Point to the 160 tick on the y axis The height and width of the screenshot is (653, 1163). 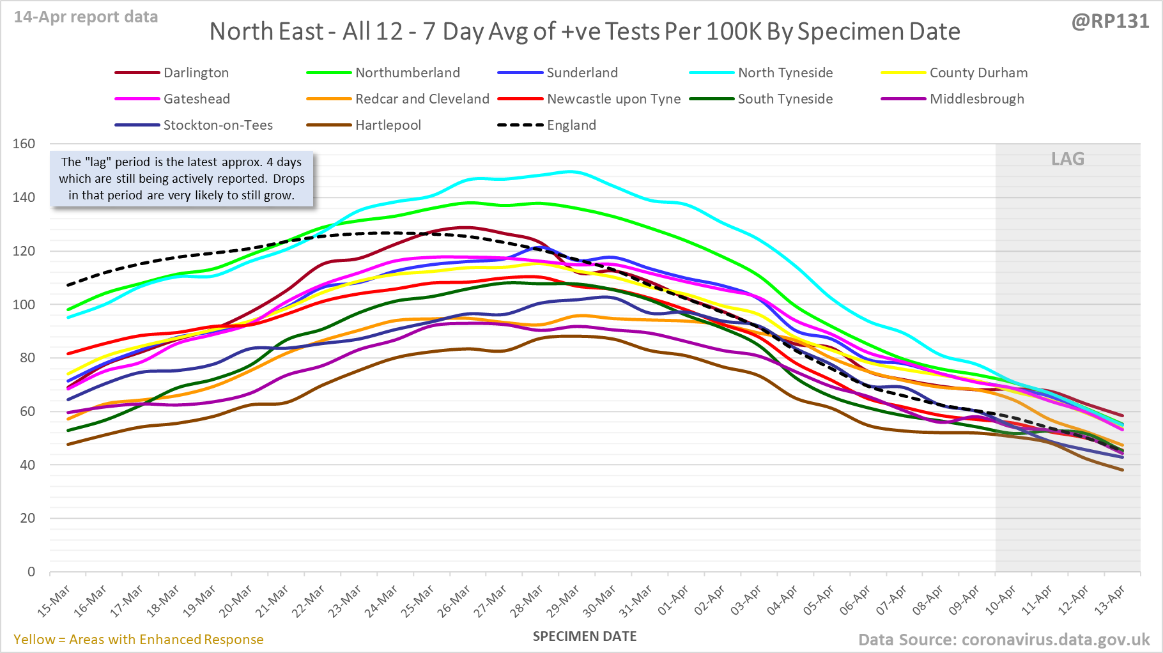click(x=24, y=144)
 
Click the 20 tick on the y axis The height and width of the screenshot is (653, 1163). click(x=27, y=518)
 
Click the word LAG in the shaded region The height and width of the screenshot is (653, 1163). click(x=1068, y=159)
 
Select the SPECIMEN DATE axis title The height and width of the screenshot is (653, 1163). click(x=585, y=636)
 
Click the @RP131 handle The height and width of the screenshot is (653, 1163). click(x=1110, y=22)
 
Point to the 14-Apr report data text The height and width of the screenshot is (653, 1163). click(x=86, y=17)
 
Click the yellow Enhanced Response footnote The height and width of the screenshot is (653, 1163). click(x=139, y=640)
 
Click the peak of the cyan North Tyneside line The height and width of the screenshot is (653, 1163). click(x=571, y=171)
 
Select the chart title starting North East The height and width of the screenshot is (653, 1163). click(x=585, y=31)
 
